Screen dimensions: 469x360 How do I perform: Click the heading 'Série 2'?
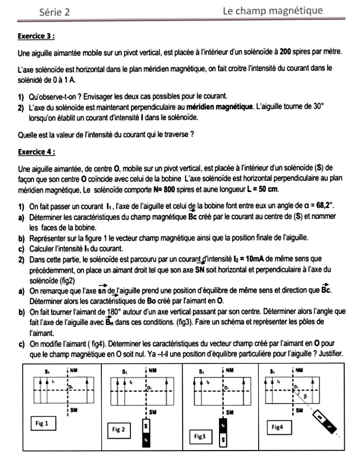[55, 13]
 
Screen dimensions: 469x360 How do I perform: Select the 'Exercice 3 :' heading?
[37, 36]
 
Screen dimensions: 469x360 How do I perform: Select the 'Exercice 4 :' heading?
[37, 151]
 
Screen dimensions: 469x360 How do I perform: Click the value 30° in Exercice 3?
[317, 106]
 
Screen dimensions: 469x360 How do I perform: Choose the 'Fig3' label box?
[200, 437]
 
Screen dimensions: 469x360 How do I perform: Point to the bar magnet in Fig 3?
[224, 433]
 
